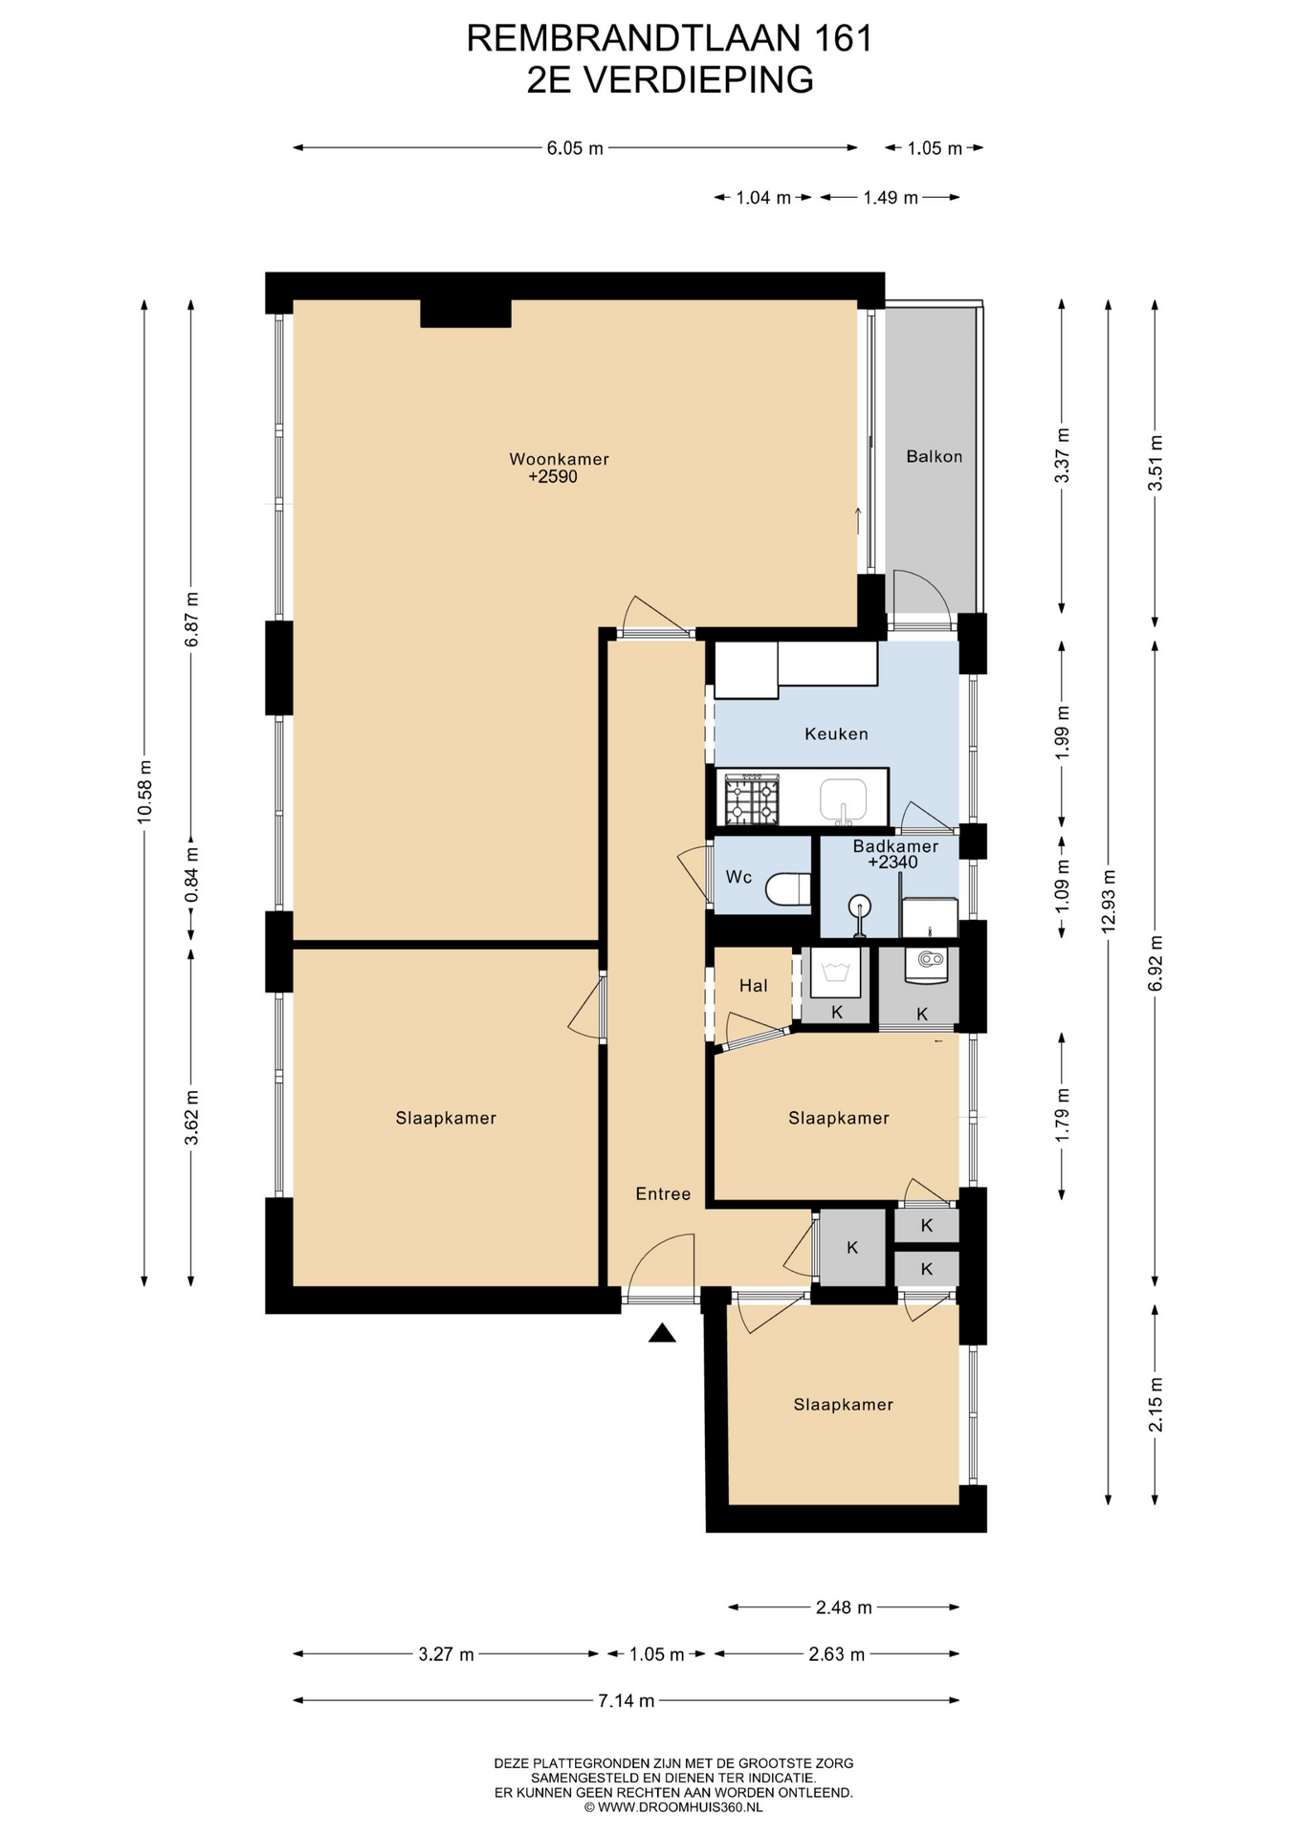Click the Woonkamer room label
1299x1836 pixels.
click(559, 459)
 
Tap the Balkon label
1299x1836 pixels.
click(934, 456)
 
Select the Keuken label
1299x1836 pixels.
click(836, 733)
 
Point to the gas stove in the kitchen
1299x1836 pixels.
click(752, 799)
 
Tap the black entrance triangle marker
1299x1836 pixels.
click(662, 1333)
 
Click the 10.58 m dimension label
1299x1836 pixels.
click(144, 792)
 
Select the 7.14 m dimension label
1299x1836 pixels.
click(627, 1700)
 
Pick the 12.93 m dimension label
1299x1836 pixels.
click(1108, 901)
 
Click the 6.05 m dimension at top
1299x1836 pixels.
click(575, 148)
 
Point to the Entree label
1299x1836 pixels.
click(663, 1193)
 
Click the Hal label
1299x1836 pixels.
click(753, 985)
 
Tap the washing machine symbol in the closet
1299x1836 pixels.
click(835, 973)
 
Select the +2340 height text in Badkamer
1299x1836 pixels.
click(892, 862)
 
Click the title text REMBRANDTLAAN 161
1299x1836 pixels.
click(670, 38)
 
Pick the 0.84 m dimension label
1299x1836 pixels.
click(191, 875)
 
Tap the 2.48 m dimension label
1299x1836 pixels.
click(844, 1607)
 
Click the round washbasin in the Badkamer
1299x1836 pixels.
click(860, 905)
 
